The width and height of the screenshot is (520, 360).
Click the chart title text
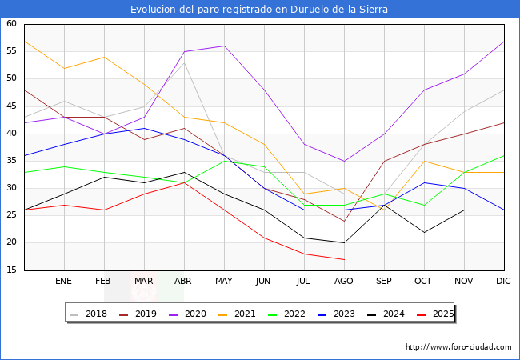point(260,10)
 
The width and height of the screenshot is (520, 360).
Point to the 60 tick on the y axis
point(11,24)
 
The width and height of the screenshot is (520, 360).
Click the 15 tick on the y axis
point(11,270)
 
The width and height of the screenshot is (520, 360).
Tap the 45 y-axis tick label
point(11,106)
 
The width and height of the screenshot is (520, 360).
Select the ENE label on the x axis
point(64,282)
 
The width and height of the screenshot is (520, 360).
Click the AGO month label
point(344,282)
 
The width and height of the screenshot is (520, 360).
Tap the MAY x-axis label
point(224,282)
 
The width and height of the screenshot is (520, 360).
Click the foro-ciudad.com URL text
point(458,347)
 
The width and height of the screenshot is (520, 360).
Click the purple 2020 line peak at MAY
point(224,46)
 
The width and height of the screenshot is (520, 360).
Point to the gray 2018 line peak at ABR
point(184,62)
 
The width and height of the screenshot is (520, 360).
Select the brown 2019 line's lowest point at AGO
point(344,221)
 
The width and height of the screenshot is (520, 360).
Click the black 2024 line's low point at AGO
point(344,242)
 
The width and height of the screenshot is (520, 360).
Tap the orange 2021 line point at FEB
point(104,57)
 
